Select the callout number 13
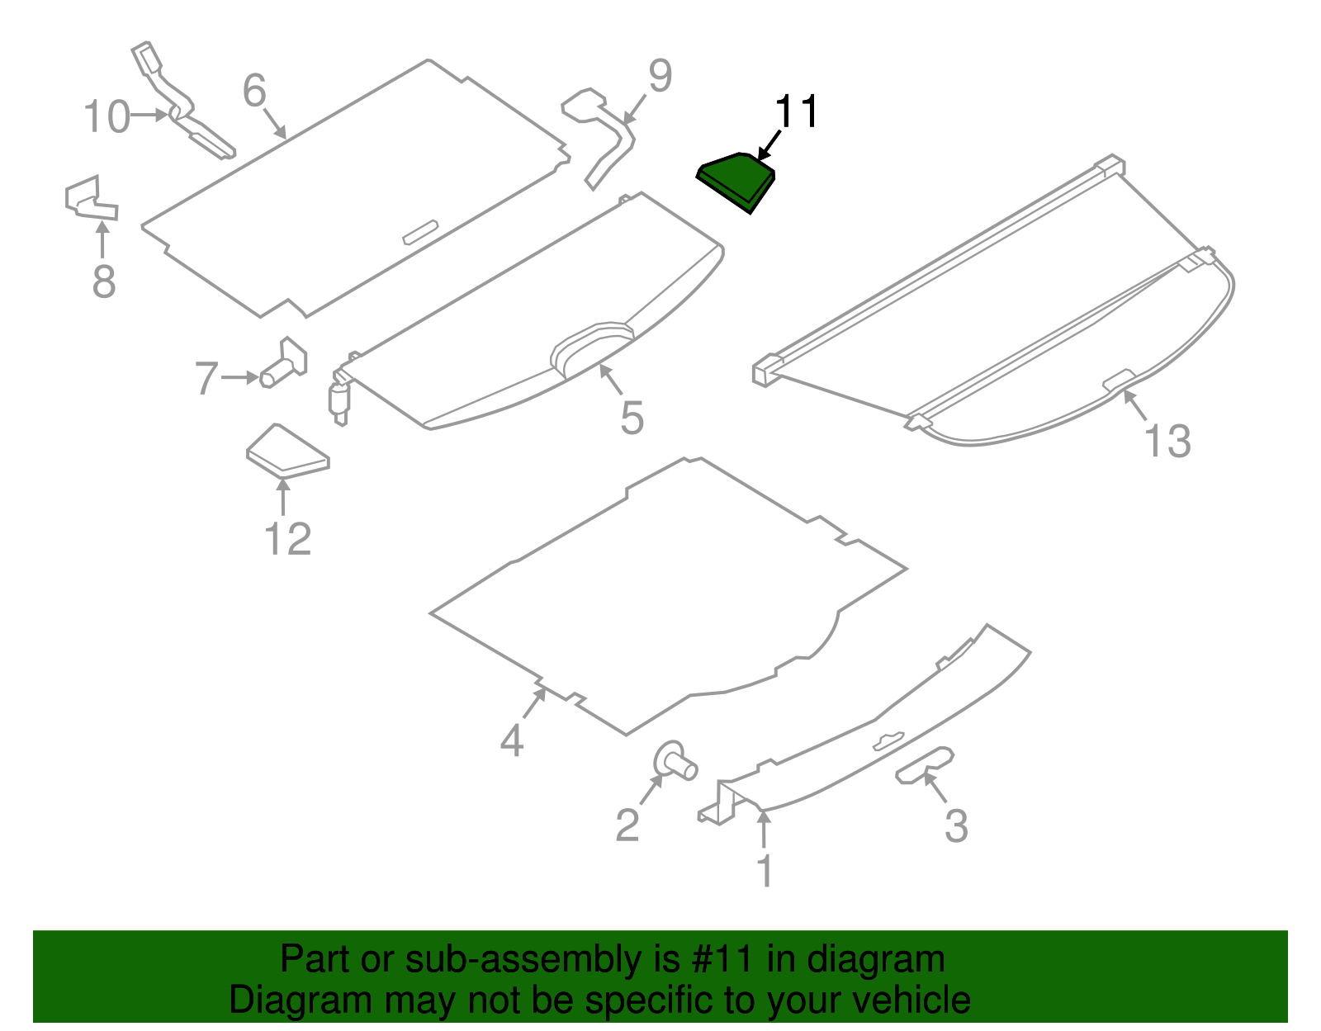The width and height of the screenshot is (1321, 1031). tap(1167, 441)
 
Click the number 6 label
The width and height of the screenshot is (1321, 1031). tap(254, 90)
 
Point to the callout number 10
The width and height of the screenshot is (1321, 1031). tap(107, 116)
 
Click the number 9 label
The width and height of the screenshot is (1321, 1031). tap(660, 76)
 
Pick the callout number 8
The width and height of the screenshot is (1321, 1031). tap(103, 281)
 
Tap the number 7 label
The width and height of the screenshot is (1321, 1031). tap(206, 379)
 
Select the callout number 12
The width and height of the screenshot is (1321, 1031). tap(287, 539)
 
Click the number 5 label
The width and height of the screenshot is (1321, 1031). tap(632, 418)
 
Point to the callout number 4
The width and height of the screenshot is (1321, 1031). tap(512, 740)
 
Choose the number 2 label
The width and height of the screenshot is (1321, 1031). tap(627, 825)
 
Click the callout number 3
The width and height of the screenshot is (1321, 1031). tap(955, 825)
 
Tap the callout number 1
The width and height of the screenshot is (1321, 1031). tap(765, 871)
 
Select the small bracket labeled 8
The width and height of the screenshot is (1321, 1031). tap(89, 200)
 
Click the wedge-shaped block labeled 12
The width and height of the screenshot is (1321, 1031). tap(287, 453)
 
